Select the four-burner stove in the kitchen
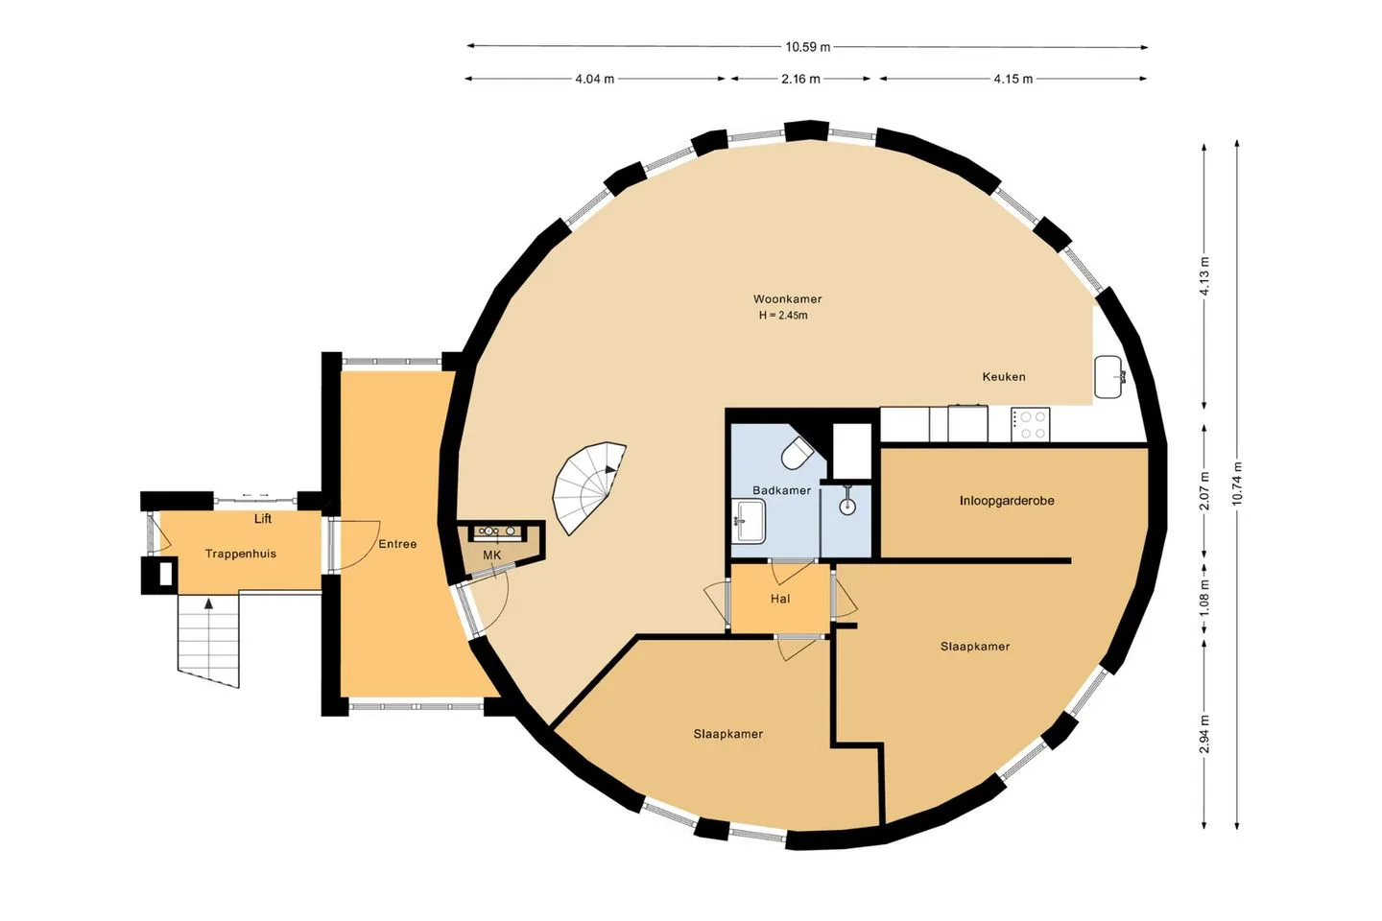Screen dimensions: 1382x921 click(1031, 424)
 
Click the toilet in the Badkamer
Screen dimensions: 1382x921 click(798, 454)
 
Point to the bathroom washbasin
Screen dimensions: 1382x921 click(749, 521)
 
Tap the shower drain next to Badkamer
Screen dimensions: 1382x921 click(847, 506)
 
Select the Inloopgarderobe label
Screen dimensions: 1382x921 click(1006, 500)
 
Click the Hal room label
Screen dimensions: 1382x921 click(780, 599)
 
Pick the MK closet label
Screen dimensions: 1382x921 click(491, 555)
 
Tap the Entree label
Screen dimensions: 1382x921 click(397, 544)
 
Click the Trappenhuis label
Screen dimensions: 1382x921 click(241, 554)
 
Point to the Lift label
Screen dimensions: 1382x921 click(263, 519)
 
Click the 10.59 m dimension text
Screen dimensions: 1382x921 click(808, 47)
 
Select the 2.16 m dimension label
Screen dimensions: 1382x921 click(800, 79)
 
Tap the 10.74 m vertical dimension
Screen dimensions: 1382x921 click(1236, 484)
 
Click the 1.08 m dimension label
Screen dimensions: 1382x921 click(1203, 597)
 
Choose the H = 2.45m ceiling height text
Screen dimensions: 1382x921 click(783, 316)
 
